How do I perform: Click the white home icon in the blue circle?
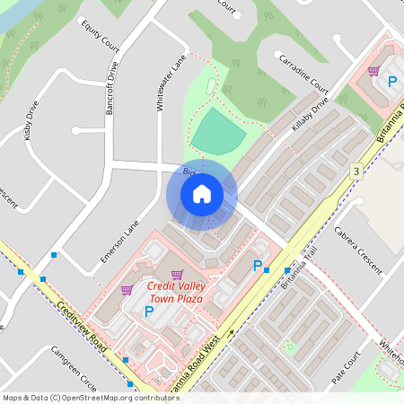pos(202,193)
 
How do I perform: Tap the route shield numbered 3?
pos(356,171)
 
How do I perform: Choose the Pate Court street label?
pos(345,368)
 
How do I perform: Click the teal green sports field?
pos(218,133)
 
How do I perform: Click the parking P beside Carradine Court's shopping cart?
pos(391,81)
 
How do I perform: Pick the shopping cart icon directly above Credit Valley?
pos(177,274)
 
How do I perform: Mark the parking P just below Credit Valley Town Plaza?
pos(149,312)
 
